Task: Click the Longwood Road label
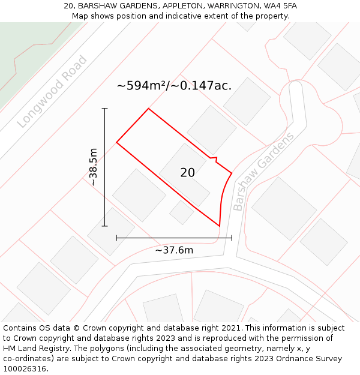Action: point(52,92)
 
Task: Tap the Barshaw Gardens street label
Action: point(263,172)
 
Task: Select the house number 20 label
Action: point(187,173)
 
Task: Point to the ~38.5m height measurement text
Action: point(93,167)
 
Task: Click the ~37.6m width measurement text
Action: point(174,250)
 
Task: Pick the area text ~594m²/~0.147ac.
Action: point(174,86)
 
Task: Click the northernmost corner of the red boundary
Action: point(148,109)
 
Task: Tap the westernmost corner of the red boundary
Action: point(116,143)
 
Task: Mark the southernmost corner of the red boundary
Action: point(219,226)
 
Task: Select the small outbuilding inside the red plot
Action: point(181,212)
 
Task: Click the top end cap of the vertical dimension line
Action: point(104,109)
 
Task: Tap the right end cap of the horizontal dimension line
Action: point(232,238)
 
